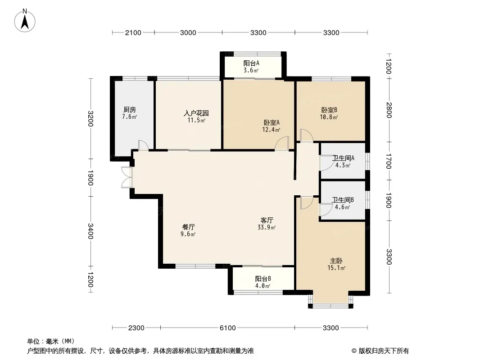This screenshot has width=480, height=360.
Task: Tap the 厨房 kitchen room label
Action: [x=130, y=109]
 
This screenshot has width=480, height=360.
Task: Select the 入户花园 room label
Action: [x=196, y=113]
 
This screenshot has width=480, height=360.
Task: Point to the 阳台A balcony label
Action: [x=251, y=63]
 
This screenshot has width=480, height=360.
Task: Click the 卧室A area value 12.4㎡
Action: [x=271, y=130]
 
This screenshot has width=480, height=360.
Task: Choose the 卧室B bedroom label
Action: [x=329, y=110]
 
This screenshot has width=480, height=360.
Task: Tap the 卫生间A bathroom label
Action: [x=343, y=158]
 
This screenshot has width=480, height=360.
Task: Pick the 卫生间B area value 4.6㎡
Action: [x=342, y=207]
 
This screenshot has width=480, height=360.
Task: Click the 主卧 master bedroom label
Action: [x=336, y=261]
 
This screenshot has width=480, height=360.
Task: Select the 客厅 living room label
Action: [x=267, y=220]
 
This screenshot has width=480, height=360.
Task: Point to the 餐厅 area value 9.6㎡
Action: [x=188, y=234]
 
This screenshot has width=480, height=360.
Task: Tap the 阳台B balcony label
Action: [x=263, y=279]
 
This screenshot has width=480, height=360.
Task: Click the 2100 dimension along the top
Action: [x=133, y=33]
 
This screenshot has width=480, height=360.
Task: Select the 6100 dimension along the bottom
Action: [x=228, y=328]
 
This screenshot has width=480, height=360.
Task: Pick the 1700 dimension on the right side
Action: [x=389, y=161]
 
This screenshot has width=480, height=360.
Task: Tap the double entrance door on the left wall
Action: [x=127, y=177]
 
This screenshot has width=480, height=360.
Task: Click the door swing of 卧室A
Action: [x=281, y=143]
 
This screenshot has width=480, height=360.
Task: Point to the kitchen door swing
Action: [x=143, y=145]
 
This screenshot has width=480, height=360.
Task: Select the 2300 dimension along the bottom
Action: [x=136, y=328]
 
